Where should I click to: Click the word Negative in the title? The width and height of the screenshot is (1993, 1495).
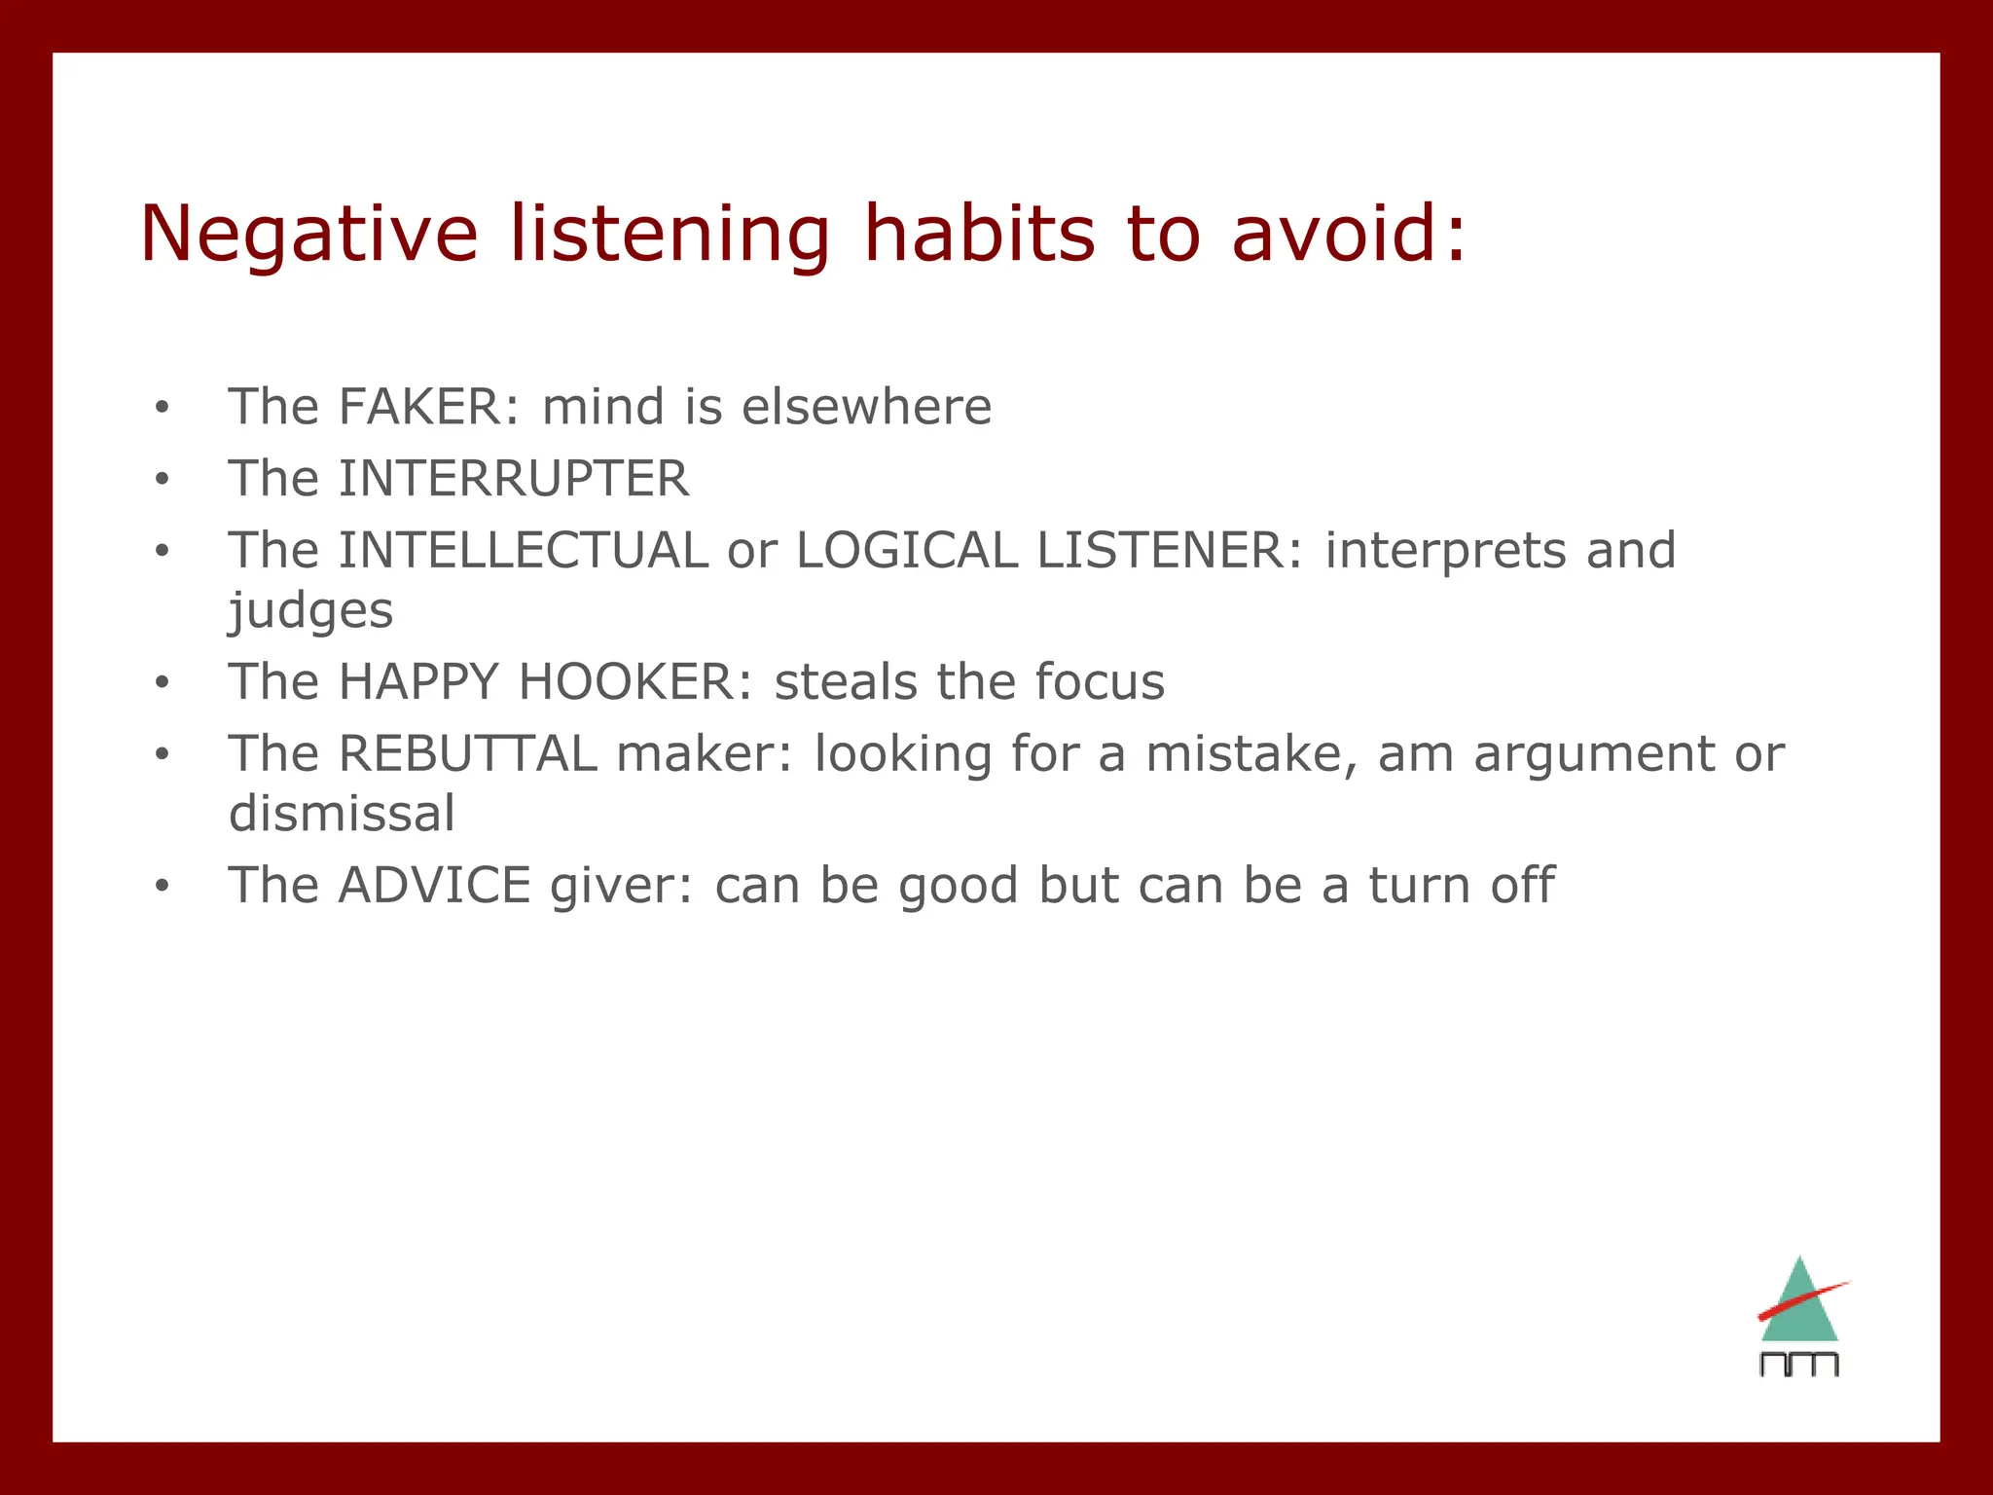click(x=309, y=234)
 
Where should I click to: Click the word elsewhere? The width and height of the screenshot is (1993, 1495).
click(x=866, y=407)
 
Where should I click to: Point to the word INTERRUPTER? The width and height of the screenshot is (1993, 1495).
click(x=514, y=479)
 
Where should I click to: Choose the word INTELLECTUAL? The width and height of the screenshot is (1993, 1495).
click(x=524, y=551)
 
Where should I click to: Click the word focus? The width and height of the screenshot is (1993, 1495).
click(x=1099, y=682)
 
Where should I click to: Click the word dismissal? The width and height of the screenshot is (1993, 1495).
click(x=342, y=814)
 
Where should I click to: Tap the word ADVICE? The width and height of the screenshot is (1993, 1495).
click(x=434, y=886)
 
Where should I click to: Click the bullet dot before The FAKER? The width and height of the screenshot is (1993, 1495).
click(x=162, y=408)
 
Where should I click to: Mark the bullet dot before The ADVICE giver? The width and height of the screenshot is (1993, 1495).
click(x=162, y=887)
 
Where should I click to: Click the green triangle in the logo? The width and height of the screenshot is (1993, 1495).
click(x=1800, y=1319)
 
